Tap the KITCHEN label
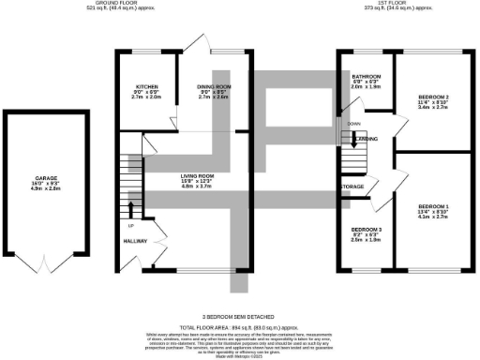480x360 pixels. [x=149, y=85]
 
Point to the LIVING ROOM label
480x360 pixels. [x=199, y=175]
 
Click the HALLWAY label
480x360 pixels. [x=138, y=242]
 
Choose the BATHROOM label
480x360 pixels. [x=367, y=76]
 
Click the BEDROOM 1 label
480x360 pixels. [x=434, y=205]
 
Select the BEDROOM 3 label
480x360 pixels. [x=367, y=229]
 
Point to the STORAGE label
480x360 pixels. [x=352, y=187]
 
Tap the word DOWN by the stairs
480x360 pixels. [x=353, y=123]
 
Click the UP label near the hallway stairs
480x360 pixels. [x=130, y=226]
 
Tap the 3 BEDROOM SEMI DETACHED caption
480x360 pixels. [x=240, y=302]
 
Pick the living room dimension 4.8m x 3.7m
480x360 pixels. [x=199, y=187]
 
